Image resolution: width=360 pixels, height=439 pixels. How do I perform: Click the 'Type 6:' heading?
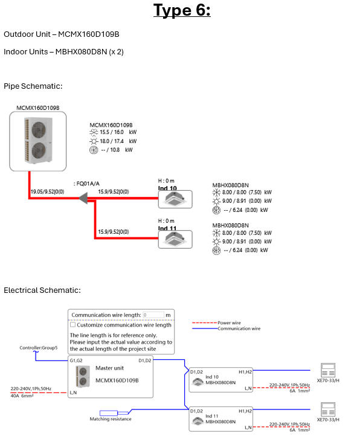tap(182, 10)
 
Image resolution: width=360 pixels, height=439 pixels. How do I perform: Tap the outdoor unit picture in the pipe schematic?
tap(38, 141)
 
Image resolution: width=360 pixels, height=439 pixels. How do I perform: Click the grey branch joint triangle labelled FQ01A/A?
tap(83, 198)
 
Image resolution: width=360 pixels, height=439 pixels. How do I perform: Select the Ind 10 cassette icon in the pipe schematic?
tap(175, 199)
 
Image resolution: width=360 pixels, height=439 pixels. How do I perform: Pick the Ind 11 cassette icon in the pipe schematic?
tap(175, 239)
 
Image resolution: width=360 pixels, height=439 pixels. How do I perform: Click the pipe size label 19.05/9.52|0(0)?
tap(47, 192)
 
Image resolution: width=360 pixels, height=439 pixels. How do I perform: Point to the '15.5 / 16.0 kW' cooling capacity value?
tap(118, 132)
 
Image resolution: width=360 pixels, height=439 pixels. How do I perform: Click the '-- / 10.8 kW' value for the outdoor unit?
tap(117, 150)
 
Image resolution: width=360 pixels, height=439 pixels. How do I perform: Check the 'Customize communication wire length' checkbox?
tap(73, 325)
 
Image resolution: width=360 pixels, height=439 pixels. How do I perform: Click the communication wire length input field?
tap(153, 315)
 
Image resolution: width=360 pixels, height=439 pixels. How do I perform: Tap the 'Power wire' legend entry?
tap(229, 323)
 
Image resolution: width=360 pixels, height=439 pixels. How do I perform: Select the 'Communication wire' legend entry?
tap(239, 328)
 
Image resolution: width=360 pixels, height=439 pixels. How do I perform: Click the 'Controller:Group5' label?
tap(39, 348)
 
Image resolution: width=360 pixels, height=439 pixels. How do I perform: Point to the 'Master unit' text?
tap(109, 368)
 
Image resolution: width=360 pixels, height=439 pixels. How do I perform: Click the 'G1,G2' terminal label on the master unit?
tap(76, 360)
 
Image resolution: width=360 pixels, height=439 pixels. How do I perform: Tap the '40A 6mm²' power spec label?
tap(22, 396)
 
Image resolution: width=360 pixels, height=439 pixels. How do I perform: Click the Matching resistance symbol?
tap(114, 413)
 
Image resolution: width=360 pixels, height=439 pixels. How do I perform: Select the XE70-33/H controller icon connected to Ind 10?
tap(328, 370)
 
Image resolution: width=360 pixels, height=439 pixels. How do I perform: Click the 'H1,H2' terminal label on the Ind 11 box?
tap(245, 411)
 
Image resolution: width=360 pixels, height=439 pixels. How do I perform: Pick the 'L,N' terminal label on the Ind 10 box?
tap(248, 388)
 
